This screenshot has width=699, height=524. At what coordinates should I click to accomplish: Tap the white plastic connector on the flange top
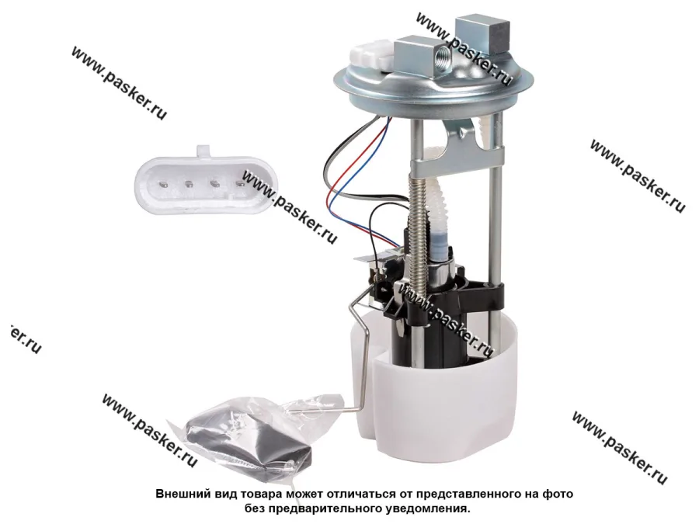tap(372, 55)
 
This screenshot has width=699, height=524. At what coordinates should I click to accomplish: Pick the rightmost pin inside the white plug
tap(240, 182)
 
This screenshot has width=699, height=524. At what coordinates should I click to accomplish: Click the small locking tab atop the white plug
tap(203, 150)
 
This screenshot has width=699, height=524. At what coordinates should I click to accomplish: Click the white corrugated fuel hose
tap(436, 196)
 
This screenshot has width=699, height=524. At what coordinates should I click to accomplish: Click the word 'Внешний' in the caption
tap(178, 495)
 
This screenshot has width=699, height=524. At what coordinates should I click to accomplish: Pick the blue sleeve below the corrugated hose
tap(438, 244)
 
